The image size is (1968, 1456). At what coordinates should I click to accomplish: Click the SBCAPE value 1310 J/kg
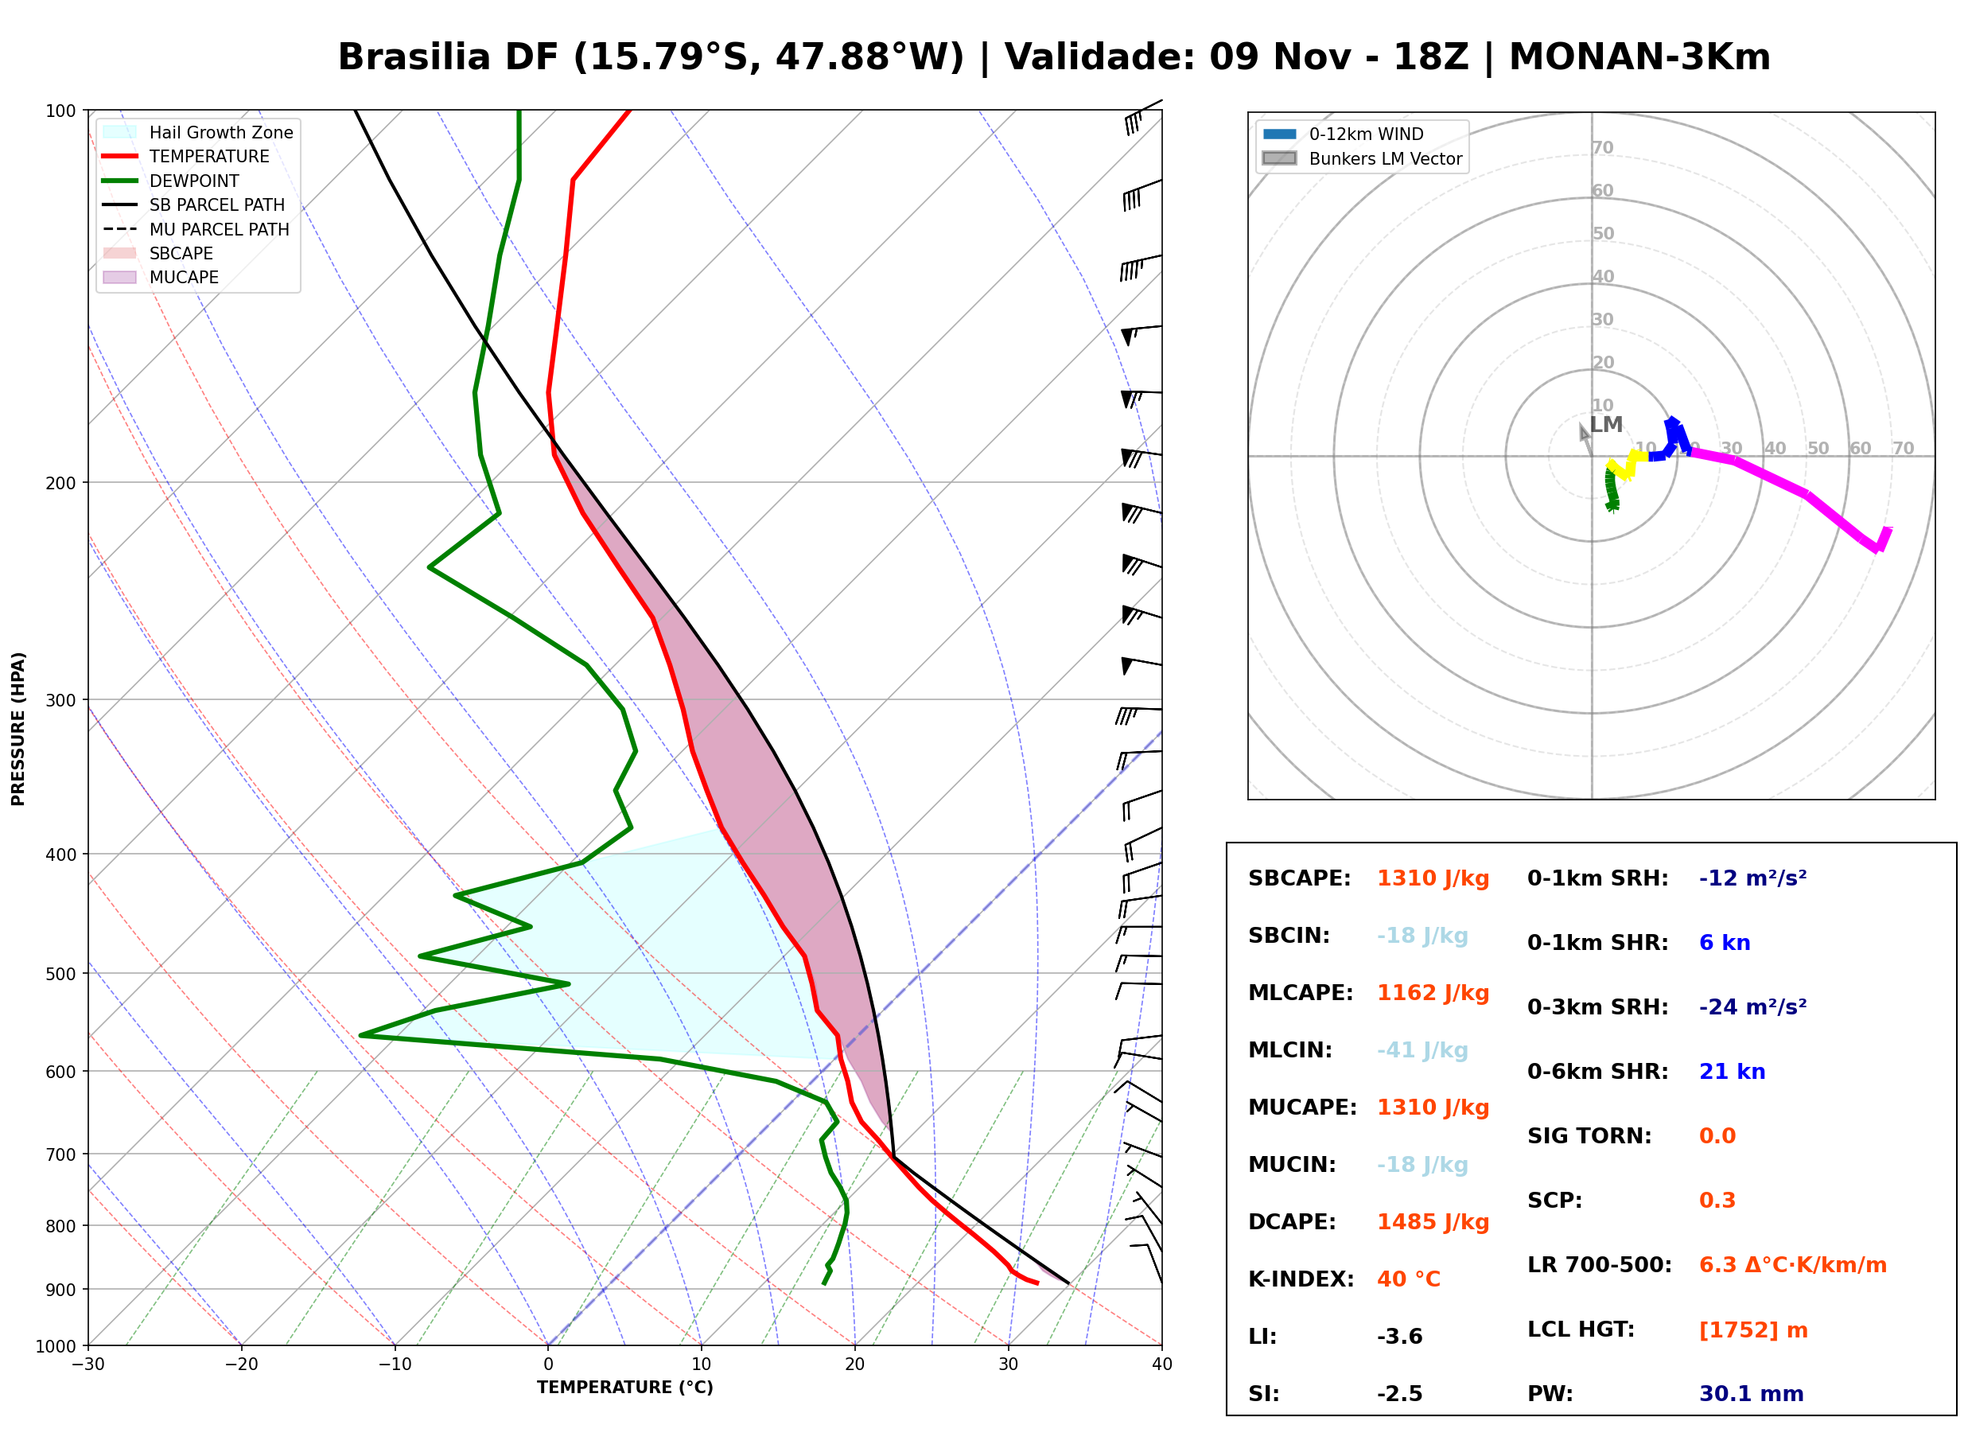pyautogui.click(x=1433, y=878)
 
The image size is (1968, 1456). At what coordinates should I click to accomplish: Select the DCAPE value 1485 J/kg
pyautogui.click(x=1433, y=1222)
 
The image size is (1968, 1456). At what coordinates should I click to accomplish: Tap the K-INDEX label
pyautogui.click(x=1301, y=1279)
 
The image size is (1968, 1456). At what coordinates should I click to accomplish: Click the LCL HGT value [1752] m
pyautogui.click(x=1753, y=1331)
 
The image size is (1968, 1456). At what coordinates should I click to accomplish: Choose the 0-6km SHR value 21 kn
pyautogui.click(x=1732, y=1073)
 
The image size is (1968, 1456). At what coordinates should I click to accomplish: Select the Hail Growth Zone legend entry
pyautogui.click(x=197, y=132)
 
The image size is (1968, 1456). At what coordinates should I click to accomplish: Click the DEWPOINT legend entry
pyautogui.click(x=171, y=181)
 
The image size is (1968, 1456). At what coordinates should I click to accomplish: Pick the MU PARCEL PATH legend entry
pyautogui.click(x=196, y=229)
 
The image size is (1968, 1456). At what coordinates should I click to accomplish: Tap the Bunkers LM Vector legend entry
pyautogui.click(x=1362, y=158)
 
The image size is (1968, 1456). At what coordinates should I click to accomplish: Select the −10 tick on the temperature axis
pyautogui.click(x=395, y=1365)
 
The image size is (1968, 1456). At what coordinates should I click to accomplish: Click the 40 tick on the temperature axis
pyautogui.click(x=1162, y=1365)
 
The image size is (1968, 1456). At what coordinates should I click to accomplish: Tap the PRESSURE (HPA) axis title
pyautogui.click(x=18, y=729)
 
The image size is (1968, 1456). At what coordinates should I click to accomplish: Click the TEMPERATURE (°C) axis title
pyautogui.click(x=625, y=1388)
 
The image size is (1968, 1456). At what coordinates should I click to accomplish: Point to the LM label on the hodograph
pyautogui.click(x=1606, y=425)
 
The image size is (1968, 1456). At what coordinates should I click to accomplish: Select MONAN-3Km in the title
pyautogui.click(x=1639, y=57)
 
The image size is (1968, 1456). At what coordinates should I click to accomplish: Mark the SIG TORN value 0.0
pyautogui.click(x=1717, y=1137)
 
